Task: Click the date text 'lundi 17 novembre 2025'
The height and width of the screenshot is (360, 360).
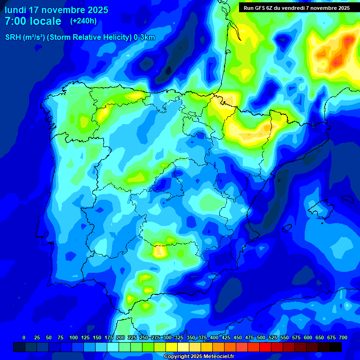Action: coord(56,10)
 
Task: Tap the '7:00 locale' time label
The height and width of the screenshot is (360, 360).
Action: coord(33,21)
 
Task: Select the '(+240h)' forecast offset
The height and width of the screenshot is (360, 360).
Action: coord(83,21)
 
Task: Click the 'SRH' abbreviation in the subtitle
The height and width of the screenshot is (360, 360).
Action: coord(13,37)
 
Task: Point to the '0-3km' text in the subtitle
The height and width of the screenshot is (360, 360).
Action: coord(144,37)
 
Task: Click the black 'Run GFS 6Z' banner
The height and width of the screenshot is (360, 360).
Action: coord(297,8)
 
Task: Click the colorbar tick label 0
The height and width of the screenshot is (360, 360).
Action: coord(24,337)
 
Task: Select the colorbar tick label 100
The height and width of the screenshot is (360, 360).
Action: coord(74,337)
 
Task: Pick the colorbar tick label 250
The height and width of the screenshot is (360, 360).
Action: coord(144,337)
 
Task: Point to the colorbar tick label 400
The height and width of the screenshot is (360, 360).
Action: coord(214,337)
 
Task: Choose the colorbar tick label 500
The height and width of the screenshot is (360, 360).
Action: coord(261,337)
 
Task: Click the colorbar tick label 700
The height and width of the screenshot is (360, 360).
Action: coord(343,337)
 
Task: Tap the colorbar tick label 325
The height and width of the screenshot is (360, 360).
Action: coord(179,337)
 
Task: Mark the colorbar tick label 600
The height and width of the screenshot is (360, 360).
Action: coord(308,337)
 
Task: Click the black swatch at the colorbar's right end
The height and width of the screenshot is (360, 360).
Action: coord(336,347)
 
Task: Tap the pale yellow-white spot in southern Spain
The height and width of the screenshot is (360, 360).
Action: coord(160,252)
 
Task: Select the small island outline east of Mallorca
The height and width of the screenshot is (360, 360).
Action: coord(347,198)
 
